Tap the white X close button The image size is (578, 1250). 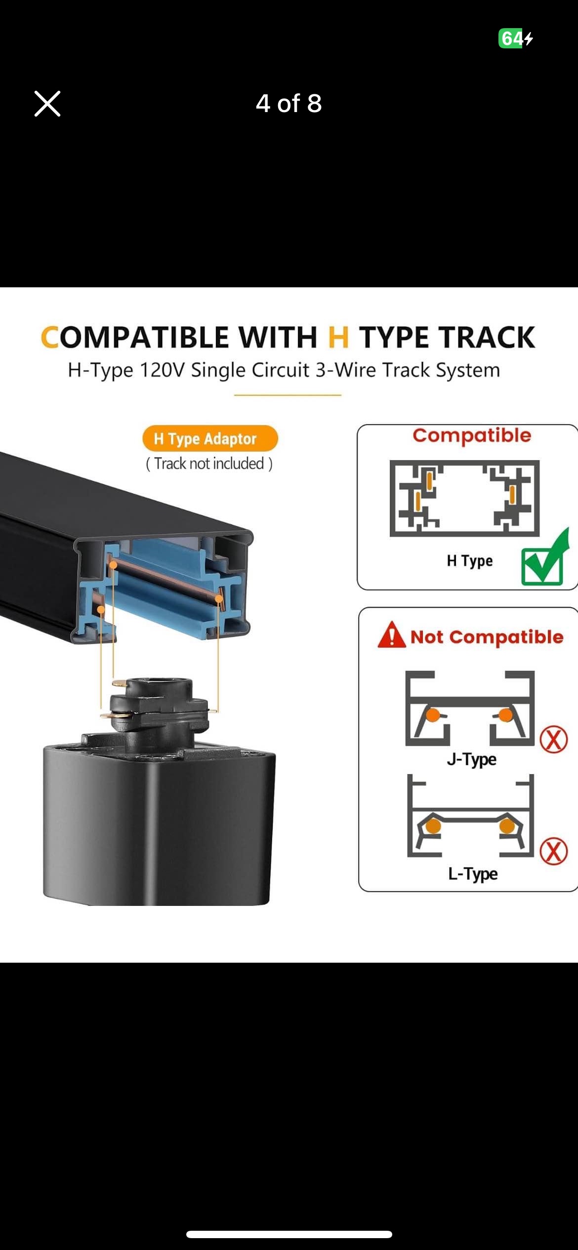click(47, 104)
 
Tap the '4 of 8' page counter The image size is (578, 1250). click(289, 103)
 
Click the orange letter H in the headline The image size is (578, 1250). click(338, 337)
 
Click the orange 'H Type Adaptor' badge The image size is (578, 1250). click(210, 438)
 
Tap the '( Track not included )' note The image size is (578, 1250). click(209, 464)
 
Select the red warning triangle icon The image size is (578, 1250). click(392, 635)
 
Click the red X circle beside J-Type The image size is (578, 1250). click(553, 739)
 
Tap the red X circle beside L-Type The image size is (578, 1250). click(553, 851)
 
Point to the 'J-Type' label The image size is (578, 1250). click(472, 759)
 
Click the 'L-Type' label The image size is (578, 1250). click(473, 873)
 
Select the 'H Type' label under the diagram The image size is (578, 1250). click(470, 561)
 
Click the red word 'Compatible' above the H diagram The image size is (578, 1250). click(472, 435)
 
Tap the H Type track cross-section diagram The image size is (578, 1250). click(464, 498)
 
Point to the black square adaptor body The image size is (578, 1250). click(158, 824)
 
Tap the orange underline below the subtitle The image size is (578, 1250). click(288, 395)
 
